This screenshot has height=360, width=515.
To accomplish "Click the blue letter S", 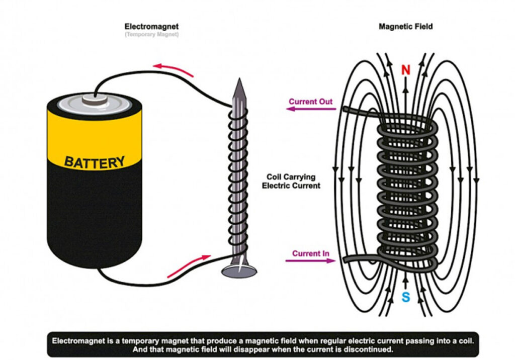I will (x=405, y=297).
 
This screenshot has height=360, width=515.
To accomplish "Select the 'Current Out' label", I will (x=310, y=102).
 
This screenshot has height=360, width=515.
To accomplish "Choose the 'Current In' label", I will (x=311, y=253).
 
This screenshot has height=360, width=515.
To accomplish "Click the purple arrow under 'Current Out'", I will (x=309, y=110).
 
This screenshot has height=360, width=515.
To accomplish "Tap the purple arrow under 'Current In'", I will (x=309, y=261).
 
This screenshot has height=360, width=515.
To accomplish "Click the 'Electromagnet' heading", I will (x=151, y=26).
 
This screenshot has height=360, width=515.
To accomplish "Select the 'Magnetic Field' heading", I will (x=405, y=26).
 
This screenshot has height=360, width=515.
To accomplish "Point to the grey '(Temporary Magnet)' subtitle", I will (x=151, y=34).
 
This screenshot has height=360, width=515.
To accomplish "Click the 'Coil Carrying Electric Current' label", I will (x=291, y=181).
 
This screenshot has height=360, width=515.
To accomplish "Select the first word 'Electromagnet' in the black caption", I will (x=79, y=340).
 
